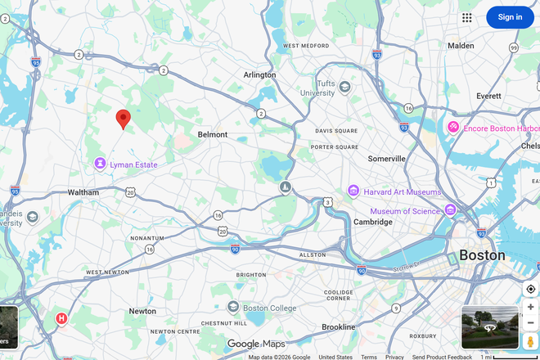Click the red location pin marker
(124, 119)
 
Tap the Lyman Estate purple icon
(100, 164)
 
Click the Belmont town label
(213, 134)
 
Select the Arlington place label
(260, 74)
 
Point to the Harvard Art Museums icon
(353, 191)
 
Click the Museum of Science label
(406, 211)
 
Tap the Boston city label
(482, 255)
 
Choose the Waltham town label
(83, 192)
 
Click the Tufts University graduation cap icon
(345, 87)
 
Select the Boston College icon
(233, 308)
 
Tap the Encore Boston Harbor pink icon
(452, 128)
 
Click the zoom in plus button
(530, 307)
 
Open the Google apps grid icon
(467, 17)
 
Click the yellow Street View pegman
(530, 340)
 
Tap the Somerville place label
(387, 159)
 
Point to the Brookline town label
(338, 326)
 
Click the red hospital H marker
(61, 318)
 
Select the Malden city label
(461, 46)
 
